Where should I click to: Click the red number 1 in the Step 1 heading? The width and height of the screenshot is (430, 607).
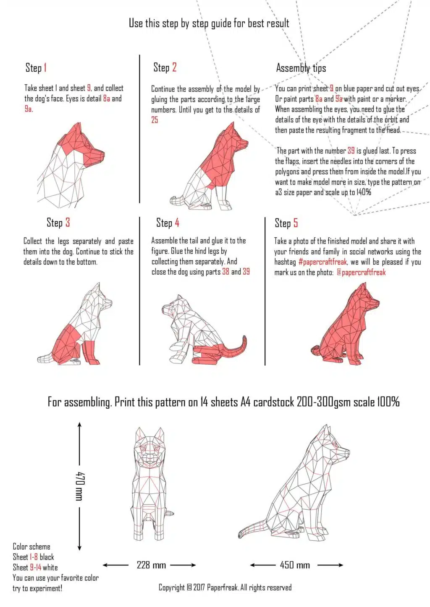pos(45,67)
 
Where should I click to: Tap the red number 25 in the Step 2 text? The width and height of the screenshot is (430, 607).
pos(155,120)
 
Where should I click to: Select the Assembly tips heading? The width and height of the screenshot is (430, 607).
pos(301,68)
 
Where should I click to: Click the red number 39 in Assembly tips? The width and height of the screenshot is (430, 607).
pos(351,150)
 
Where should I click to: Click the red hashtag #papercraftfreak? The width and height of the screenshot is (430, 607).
pos(322,262)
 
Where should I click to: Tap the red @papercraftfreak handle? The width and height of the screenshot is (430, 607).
pos(361,272)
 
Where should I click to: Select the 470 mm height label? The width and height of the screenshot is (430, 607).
pos(80,486)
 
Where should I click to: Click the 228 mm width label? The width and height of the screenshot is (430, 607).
pos(151,565)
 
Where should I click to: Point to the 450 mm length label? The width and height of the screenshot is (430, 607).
pos(295,565)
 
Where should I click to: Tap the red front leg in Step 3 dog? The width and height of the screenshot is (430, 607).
pos(90,352)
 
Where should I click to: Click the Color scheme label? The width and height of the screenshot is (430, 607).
pos(31,547)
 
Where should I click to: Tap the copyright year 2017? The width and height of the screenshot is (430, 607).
pos(199,587)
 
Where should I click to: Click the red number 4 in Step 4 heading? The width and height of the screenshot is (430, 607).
pos(177,223)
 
